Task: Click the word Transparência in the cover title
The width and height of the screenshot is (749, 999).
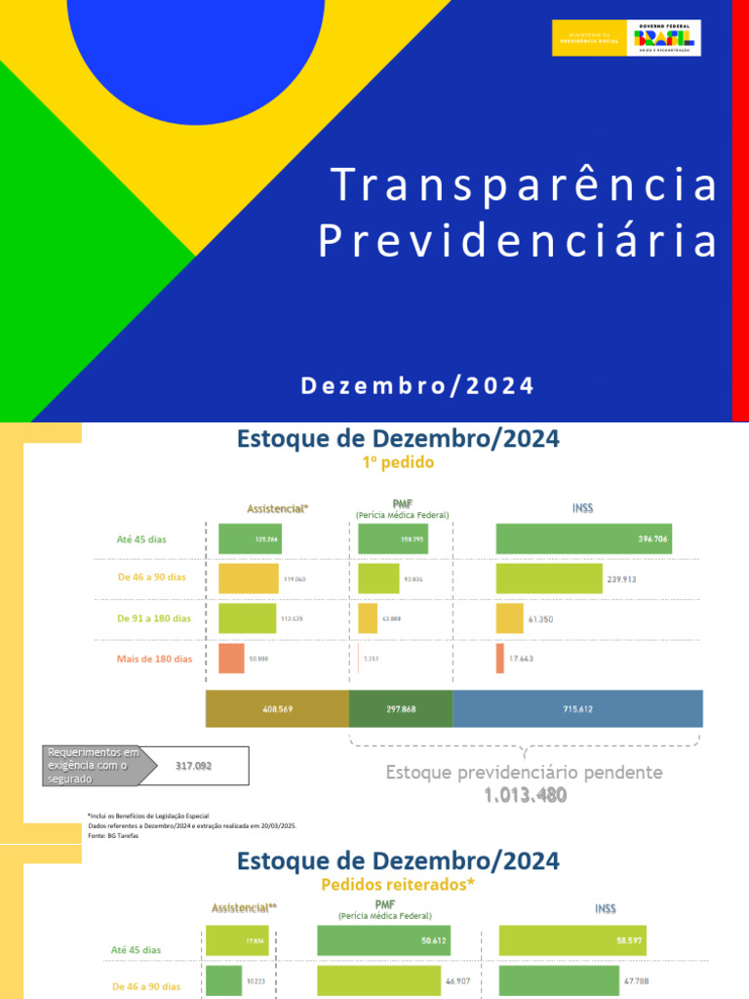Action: click(524, 185)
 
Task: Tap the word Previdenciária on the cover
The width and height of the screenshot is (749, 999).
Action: click(518, 242)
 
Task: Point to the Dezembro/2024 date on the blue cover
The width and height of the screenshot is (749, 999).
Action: click(417, 385)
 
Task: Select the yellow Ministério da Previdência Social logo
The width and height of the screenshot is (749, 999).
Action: click(590, 38)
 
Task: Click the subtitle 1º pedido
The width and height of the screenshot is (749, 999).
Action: click(398, 463)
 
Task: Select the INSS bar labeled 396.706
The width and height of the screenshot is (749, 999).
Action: click(583, 539)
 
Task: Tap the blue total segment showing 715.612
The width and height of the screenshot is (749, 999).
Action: click(577, 709)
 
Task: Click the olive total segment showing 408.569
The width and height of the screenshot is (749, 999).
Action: click(277, 709)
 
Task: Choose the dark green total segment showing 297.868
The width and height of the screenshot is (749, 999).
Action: click(401, 709)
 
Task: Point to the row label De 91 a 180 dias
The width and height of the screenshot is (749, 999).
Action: click(154, 619)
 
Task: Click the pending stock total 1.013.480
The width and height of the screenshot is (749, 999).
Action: click(525, 795)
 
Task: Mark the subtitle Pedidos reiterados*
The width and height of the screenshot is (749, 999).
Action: click(398, 885)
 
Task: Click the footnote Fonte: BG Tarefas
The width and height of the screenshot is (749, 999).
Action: click(107, 836)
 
